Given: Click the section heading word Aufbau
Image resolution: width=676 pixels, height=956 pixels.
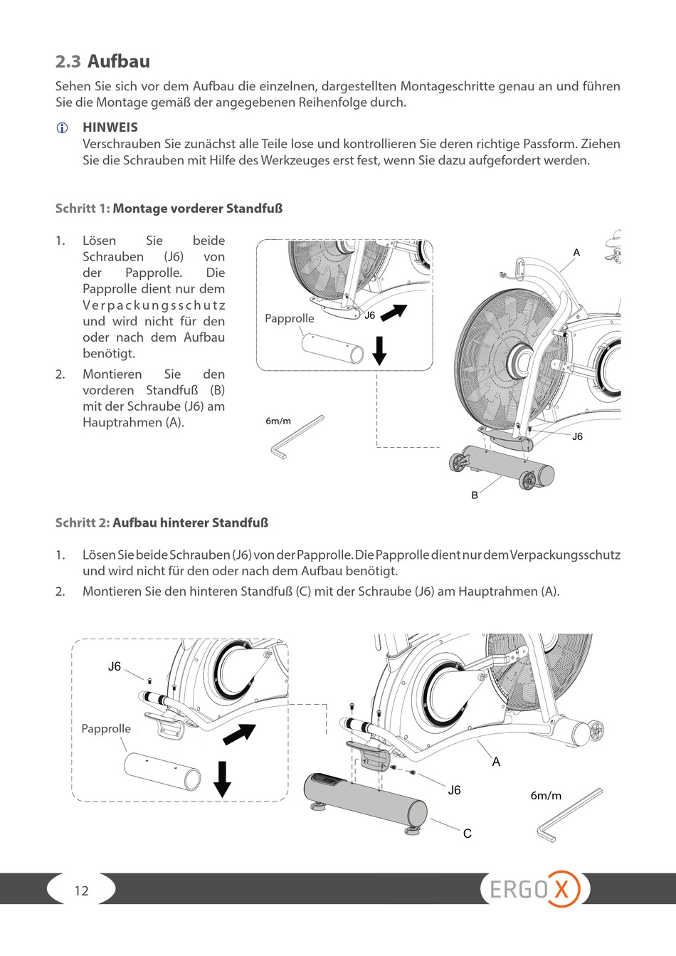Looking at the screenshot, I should click(118, 61).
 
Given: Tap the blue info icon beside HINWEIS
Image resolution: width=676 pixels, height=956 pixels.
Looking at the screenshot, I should click(62, 128).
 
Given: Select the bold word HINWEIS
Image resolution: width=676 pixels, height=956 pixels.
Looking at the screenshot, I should click(110, 127).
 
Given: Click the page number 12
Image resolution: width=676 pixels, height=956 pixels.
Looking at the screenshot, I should click(82, 891).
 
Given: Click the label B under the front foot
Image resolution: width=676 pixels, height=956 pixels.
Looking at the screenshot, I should click(475, 495).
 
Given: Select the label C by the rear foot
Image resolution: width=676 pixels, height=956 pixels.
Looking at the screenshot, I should click(468, 834).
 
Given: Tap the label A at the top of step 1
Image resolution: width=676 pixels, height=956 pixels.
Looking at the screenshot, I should click(576, 253).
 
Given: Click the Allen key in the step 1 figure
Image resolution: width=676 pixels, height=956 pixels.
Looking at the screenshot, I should click(297, 438).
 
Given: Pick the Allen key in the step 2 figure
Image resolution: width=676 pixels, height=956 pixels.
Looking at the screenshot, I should click(568, 815).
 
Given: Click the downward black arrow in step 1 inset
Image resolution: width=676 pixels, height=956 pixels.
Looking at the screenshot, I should click(379, 350).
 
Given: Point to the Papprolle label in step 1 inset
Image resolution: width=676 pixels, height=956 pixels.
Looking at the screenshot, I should click(289, 318).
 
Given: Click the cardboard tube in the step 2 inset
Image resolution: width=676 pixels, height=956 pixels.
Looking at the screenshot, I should click(162, 772).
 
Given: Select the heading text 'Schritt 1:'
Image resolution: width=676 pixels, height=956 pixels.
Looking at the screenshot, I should click(83, 209).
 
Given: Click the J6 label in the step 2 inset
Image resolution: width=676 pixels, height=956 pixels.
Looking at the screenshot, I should click(115, 667).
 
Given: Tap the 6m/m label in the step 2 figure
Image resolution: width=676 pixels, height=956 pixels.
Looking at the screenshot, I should click(546, 796).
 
